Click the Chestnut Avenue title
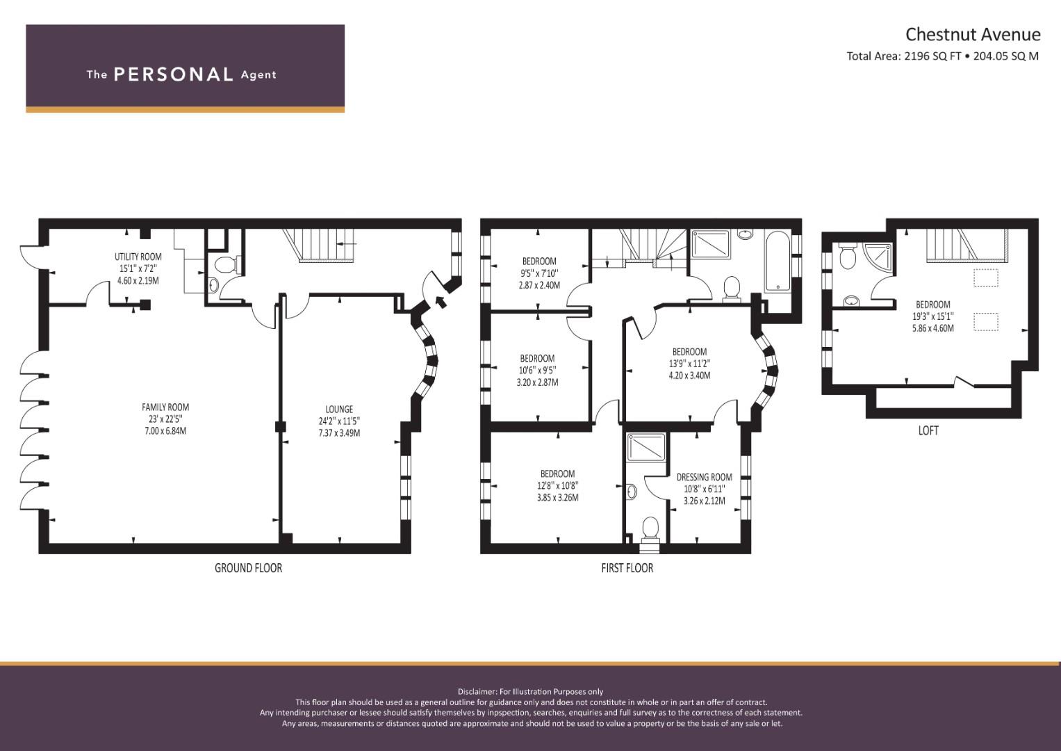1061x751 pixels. point(973,35)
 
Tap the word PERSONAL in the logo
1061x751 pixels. point(174,74)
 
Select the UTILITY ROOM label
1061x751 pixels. point(138,257)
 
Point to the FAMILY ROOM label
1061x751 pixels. point(165,407)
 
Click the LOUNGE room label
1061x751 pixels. point(339,409)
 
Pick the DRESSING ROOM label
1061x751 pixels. point(705,477)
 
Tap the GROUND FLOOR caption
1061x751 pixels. point(248,568)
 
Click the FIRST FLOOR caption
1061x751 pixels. point(627,568)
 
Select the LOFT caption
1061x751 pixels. point(928,430)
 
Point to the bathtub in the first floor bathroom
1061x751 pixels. point(778,261)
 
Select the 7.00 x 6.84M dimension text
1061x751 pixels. point(165,431)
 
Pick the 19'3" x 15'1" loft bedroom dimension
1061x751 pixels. point(932,316)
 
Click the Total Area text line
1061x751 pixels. point(943,56)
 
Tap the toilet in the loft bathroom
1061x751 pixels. point(847,257)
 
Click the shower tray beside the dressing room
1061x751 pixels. point(646,446)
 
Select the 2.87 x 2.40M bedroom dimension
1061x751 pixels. point(539,285)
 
